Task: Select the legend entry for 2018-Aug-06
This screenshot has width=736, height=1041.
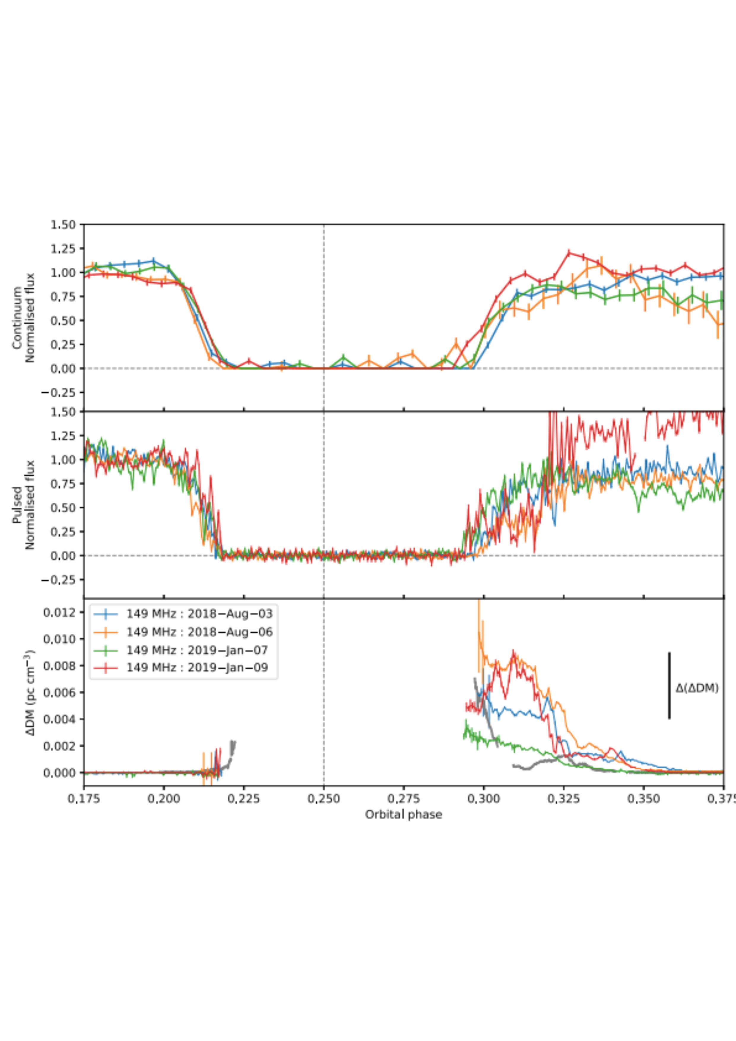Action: pos(199,632)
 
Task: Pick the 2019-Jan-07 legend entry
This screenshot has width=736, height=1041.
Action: pos(197,650)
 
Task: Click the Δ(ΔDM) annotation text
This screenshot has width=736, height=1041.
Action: pos(697,688)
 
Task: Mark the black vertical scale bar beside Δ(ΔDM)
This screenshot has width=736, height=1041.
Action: pos(670,685)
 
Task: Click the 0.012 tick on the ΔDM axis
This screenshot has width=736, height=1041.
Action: pos(58,613)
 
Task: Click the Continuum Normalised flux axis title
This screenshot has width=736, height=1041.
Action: pos(23,317)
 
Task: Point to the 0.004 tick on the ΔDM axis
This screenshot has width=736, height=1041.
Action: pos(58,719)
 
